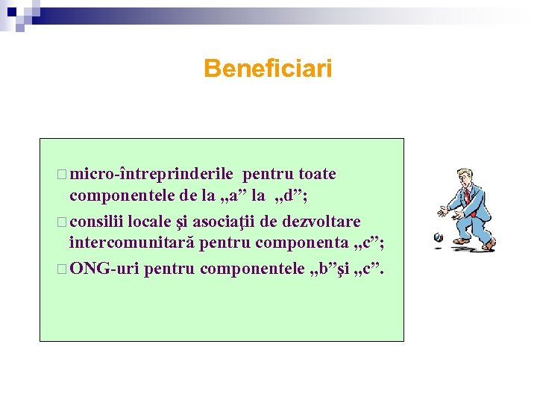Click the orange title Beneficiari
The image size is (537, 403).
pos(268,69)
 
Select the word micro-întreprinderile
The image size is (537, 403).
pos(155,175)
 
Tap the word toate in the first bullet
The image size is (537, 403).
pos(317,175)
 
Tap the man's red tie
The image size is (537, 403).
pos(468,196)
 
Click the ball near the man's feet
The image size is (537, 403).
pos(438,238)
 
